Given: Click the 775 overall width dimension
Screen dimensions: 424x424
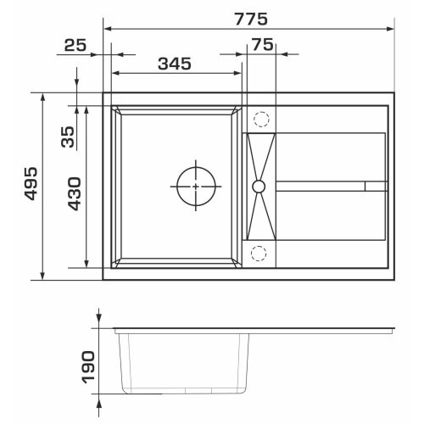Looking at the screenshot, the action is tap(251, 20).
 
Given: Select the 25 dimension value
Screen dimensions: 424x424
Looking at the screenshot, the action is tap(75, 45).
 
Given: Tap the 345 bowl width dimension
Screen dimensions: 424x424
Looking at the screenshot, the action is tap(175, 64).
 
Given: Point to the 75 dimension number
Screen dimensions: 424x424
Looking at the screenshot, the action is tap(263, 45).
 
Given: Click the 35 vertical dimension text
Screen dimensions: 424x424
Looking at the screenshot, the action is tap(68, 137).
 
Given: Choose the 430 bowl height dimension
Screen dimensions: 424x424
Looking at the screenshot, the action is tap(75, 194).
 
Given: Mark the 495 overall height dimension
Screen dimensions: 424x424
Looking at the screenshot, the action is tap(31, 184).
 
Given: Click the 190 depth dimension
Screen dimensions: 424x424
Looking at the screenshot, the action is tap(88, 367).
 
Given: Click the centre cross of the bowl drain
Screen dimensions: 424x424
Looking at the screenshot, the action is tap(196, 187).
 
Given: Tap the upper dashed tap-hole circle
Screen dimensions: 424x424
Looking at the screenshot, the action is tap(261, 119).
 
